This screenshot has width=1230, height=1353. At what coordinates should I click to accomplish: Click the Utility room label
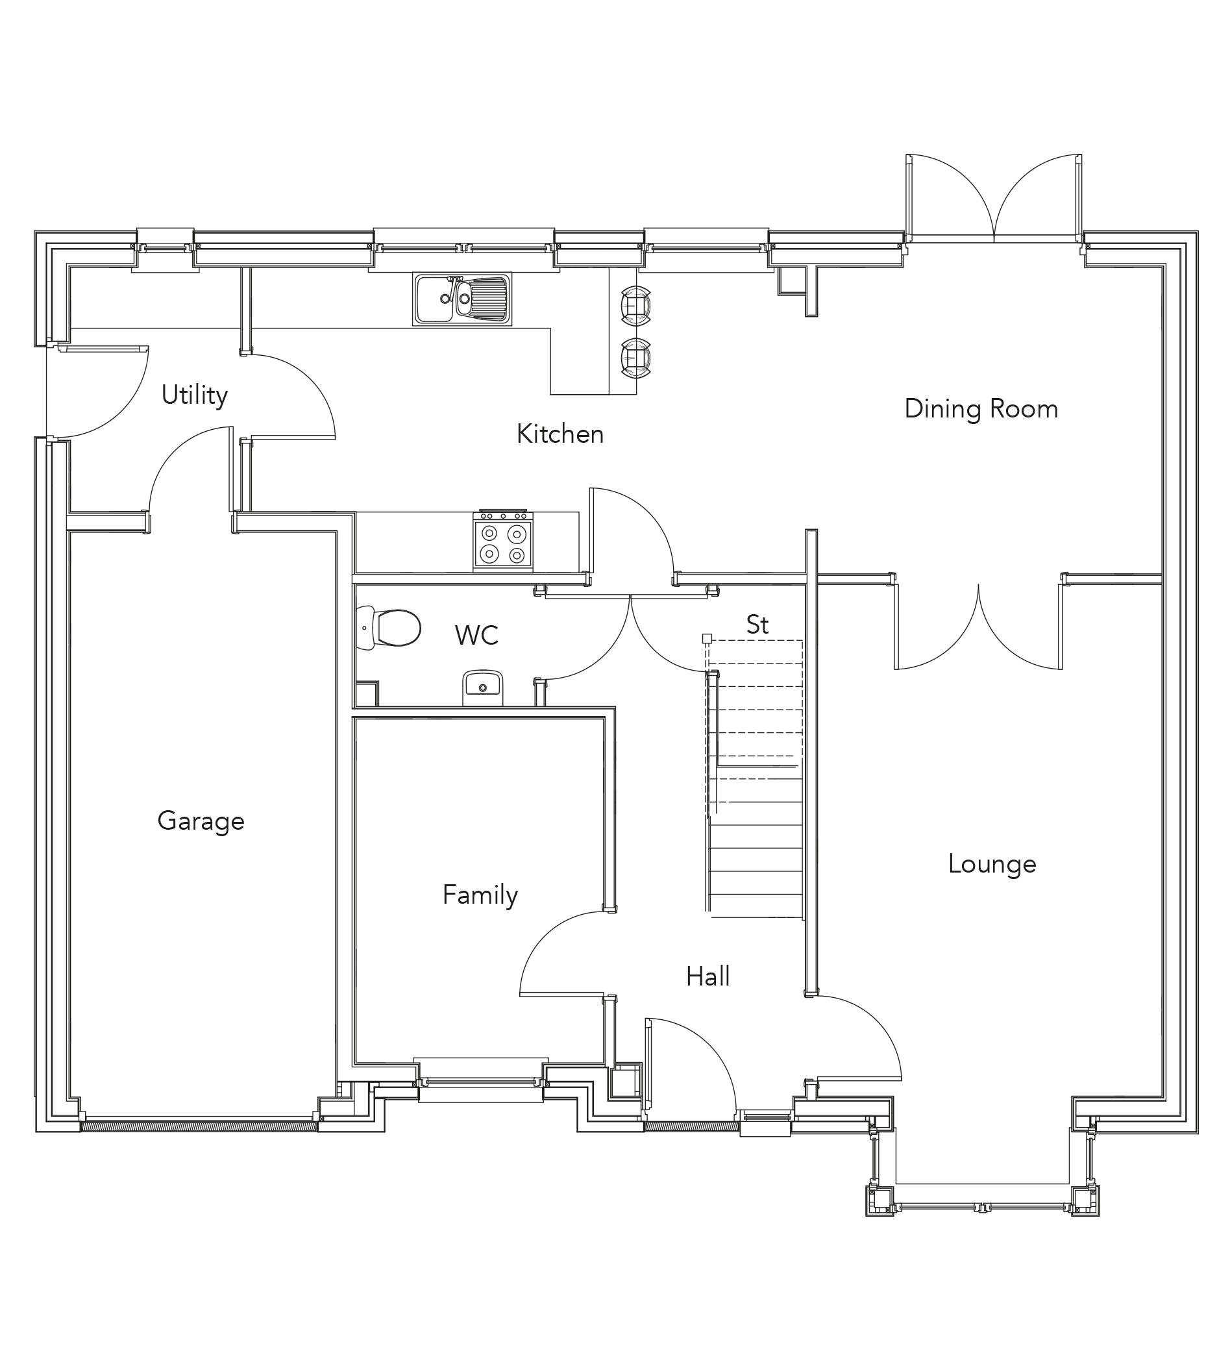pyautogui.click(x=195, y=395)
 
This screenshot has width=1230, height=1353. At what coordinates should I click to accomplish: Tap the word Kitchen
pyautogui.click(x=560, y=434)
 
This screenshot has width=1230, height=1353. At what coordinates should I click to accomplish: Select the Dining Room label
pyautogui.click(x=980, y=409)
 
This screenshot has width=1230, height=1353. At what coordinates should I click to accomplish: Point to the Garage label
pyautogui.click(x=201, y=821)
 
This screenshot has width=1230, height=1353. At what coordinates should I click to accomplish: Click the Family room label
pyautogui.click(x=480, y=895)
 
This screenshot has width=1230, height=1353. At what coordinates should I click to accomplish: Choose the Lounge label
pyautogui.click(x=991, y=863)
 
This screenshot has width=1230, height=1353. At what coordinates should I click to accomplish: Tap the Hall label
pyautogui.click(x=707, y=976)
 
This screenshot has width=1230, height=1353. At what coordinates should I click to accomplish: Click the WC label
pyautogui.click(x=476, y=635)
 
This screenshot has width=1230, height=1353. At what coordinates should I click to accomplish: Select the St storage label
pyautogui.click(x=757, y=625)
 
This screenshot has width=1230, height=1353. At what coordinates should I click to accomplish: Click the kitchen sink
pyautogui.click(x=461, y=299)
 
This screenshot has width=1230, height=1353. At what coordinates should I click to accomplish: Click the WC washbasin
pyautogui.click(x=482, y=684)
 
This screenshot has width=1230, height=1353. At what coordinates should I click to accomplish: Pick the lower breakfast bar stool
pyautogui.click(x=635, y=358)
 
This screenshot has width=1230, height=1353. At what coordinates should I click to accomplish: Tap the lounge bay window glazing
pyautogui.click(x=981, y=1208)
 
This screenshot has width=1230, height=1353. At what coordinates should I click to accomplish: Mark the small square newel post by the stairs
pyautogui.click(x=707, y=638)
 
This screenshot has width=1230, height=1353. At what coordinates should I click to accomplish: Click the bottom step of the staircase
pyautogui.click(x=756, y=906)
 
